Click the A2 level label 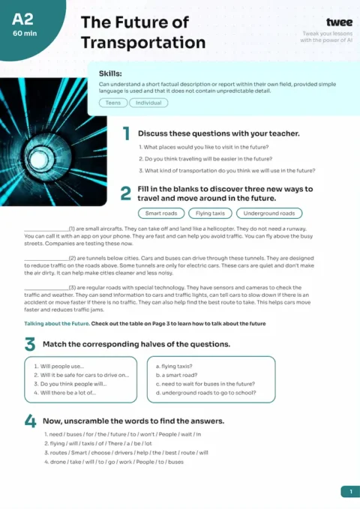tap(22, 20)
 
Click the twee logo tap(339, 23)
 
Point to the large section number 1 tap(127, 134)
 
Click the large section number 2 tap(127, 193)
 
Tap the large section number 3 tap(29, 344)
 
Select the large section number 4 tap(30, 421)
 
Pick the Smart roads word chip tap(160, 213)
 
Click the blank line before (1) tap(46, 228)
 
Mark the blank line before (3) tap(46, 287)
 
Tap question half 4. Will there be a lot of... tap(65, 392)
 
